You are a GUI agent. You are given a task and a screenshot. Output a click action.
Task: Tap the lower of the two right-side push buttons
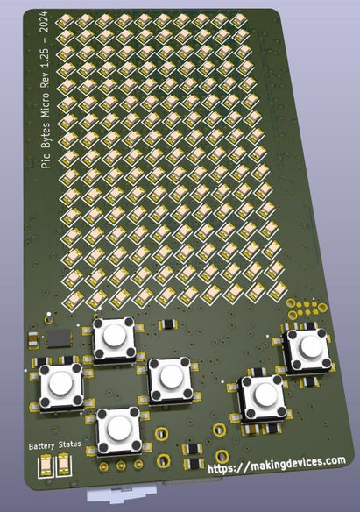pyautogui.click(x=262, y=397)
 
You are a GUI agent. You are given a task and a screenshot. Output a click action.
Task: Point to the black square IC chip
pyautogui.click(x=59, y=337)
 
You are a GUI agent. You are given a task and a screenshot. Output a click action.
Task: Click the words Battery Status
pyautogui.click(x=54, y=445)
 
